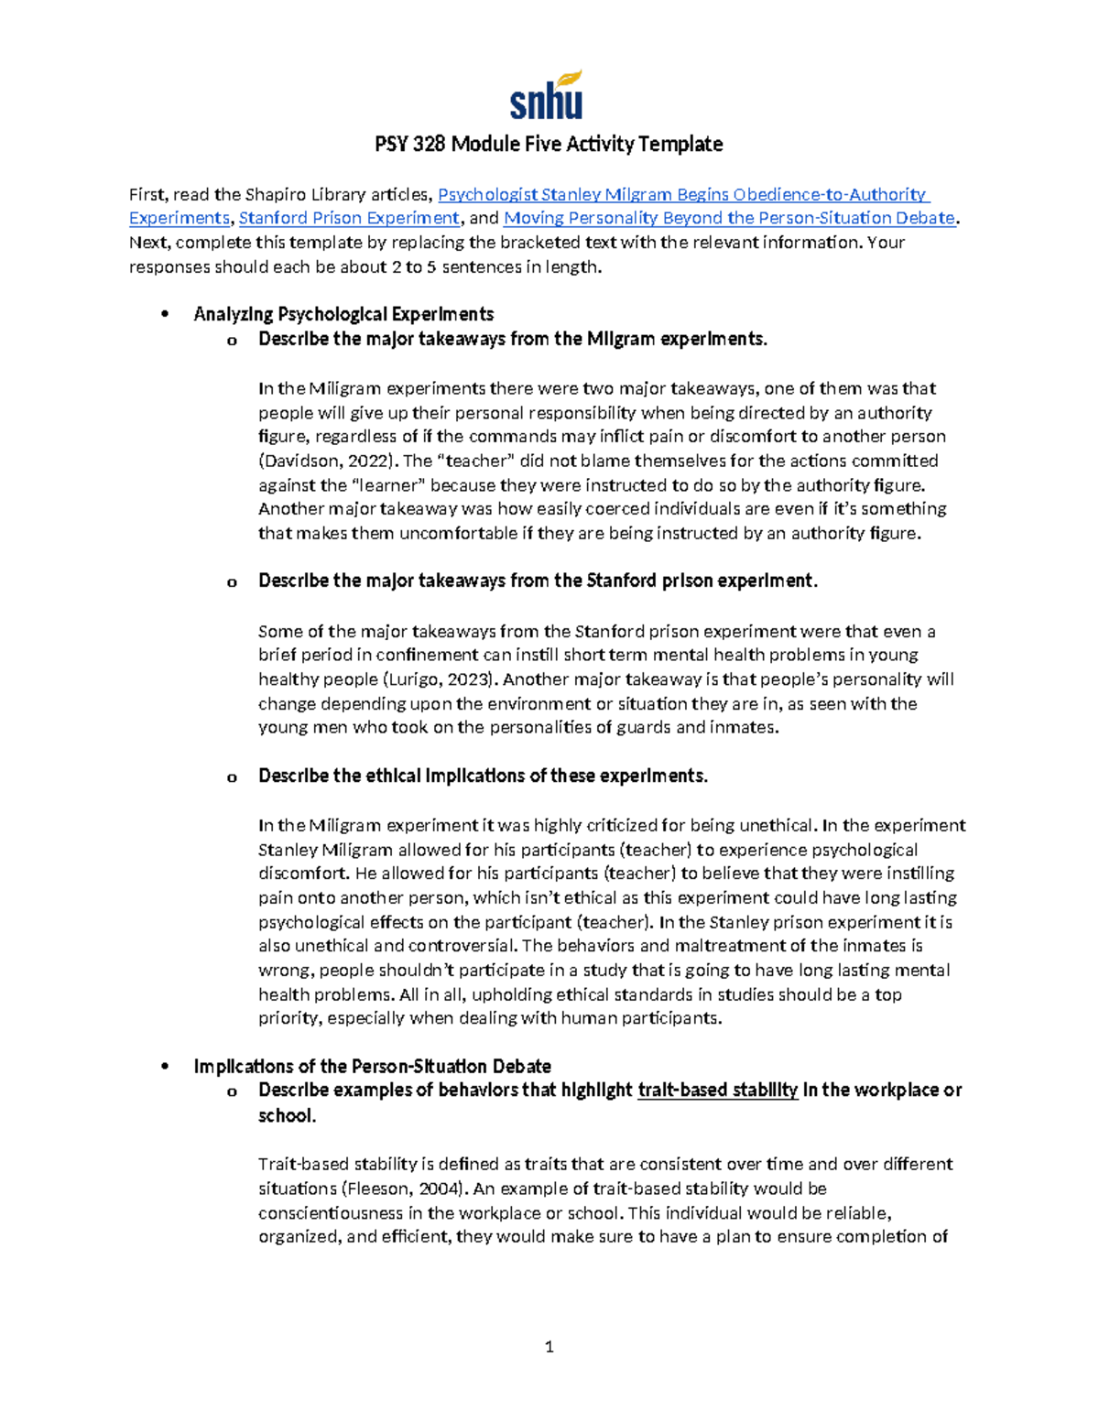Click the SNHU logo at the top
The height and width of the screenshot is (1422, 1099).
point(547,96)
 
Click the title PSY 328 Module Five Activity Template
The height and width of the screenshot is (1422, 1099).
point(549,144)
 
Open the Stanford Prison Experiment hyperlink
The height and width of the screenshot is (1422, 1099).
point(349,219)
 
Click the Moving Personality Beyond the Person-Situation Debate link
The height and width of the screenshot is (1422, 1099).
point(729,219)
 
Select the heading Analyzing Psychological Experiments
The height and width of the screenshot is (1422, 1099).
point(343,315)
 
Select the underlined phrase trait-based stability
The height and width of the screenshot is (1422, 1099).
point(717,1091)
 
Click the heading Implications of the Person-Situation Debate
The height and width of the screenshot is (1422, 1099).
point(372,1067)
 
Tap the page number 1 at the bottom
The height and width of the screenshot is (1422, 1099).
point(549,1347)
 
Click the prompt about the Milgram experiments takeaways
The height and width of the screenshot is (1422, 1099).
point(512,340)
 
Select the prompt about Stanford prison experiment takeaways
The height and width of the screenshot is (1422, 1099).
point(538,581)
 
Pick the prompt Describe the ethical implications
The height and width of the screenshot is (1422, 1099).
point(483,776)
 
